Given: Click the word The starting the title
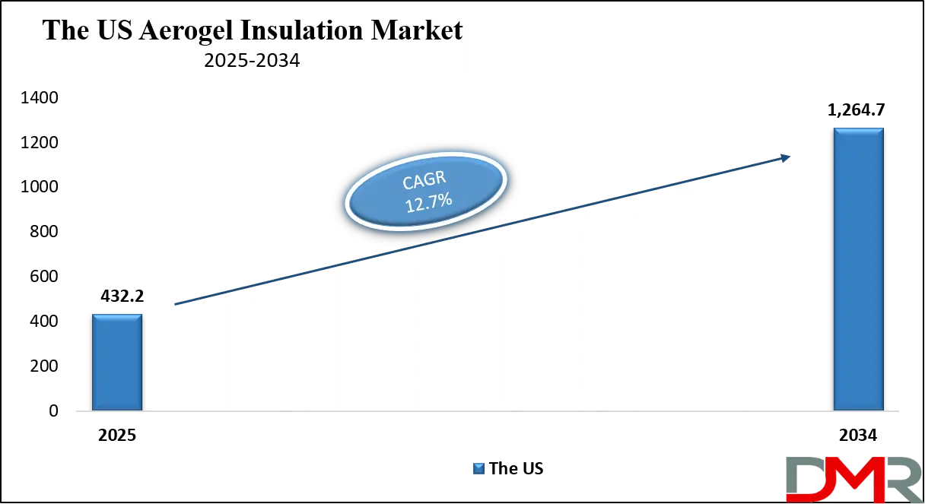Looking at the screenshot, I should click(x=65, y=30).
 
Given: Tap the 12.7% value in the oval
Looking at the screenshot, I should click(x=428, y=202).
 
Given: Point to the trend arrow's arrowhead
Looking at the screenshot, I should click(x=784, y=157).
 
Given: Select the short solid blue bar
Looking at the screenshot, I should click(x=117, y=362).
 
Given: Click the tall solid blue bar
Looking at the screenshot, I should click(x=858, y=270).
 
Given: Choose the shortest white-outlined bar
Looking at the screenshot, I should click(x=197, y=355).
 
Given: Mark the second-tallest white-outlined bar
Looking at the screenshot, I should click(x=691, y=300).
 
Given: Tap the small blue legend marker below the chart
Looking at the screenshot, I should click(x=477, y=468).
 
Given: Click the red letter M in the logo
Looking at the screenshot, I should click(x=847, y=480).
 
